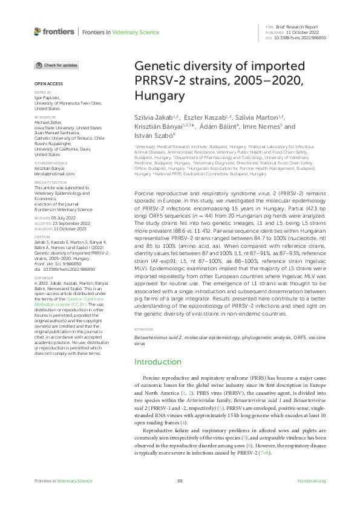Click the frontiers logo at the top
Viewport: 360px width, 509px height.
(x=54, y=31)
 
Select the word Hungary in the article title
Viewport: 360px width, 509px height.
(x=155, y=96)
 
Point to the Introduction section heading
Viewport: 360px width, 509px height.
(x=157, y=361)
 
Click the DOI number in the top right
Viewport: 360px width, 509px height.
(x=301, y=38)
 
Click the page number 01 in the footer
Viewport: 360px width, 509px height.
(x=180, y=481)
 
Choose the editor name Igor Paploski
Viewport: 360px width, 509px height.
(x=46, y=96)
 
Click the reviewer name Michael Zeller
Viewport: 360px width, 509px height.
(x=47, y=123)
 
